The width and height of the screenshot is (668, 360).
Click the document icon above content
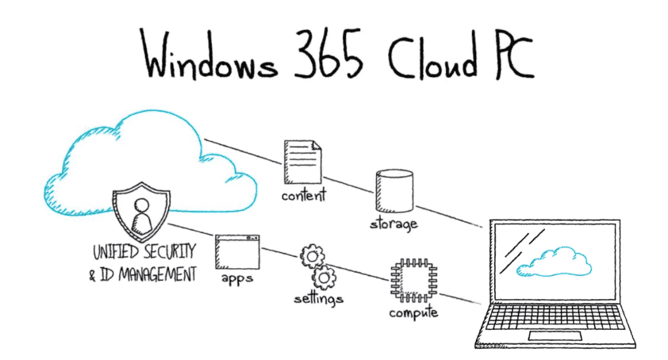click(x=303, y=160)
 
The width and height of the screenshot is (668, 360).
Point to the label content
click(x=304, y=194)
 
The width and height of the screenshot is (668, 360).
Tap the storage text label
click(x=394, y=224)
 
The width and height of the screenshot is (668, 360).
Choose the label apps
click(x=238, y=280)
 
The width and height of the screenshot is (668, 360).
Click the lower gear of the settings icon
click(x=323, y=278)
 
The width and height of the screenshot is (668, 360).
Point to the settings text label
click(x=318, y=300)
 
